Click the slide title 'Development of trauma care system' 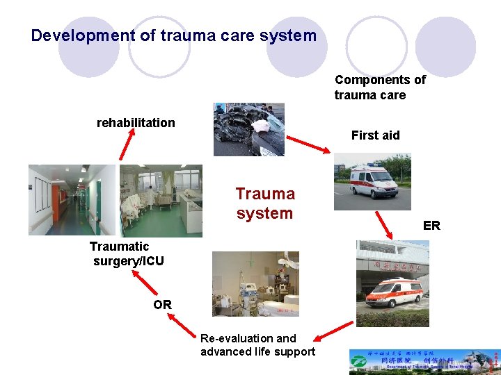(x=174, y=35)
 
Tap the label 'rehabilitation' (x=136, y=123)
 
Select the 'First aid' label (x=375, y=135)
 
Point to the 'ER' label (x=431, y=226)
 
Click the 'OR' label (x=163, y=305)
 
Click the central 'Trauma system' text (x=265, y=203)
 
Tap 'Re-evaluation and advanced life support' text (x=257, y=345)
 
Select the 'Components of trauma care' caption (x=380, y=87)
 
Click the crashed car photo (x=248, y=129)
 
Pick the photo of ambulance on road (x=372, y=181)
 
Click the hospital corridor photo (x=71, y=200)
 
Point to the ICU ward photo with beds (x=161, y=200)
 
